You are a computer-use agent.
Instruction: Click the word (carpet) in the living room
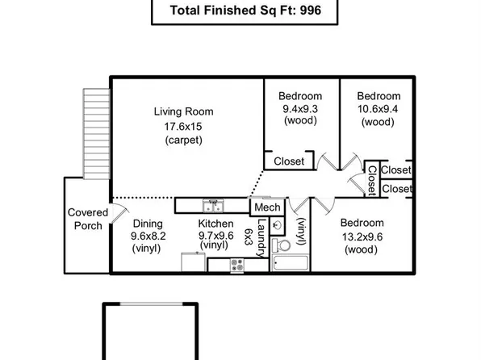(183, 140)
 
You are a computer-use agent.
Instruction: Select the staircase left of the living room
(95, 132)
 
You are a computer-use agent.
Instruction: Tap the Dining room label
(148, 224)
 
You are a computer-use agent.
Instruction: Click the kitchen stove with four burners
(238, 263)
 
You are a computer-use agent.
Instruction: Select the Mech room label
(266, 208)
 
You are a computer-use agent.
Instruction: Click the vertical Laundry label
(261, 239)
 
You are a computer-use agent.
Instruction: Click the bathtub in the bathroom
(288, 263)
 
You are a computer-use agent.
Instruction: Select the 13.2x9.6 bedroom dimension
(361, 237)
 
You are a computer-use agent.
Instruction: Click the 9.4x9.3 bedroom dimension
(300, 108)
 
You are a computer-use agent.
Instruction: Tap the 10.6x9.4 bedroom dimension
(379, 108)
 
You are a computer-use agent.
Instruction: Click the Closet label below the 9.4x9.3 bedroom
(289, 161)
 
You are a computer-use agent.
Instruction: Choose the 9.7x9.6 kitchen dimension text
(215, 236)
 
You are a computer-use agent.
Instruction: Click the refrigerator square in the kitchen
(194, 263)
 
